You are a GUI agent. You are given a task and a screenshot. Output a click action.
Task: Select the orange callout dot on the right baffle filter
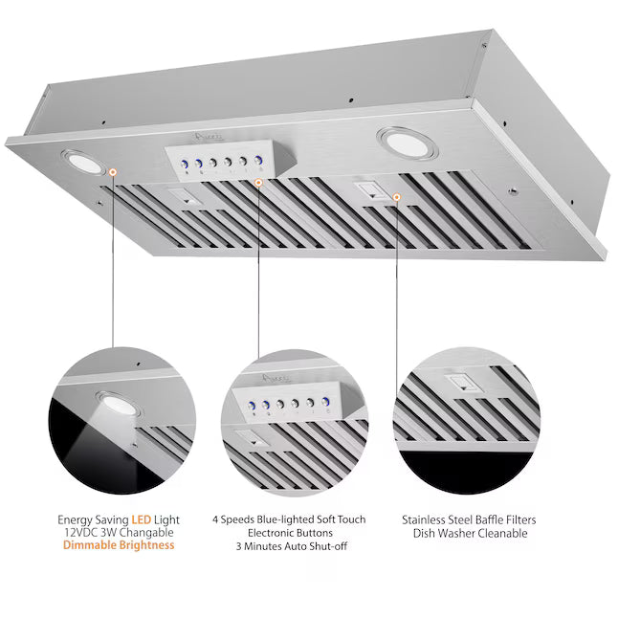pos(396,197)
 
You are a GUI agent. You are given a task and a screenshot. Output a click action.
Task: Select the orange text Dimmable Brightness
pos(119,545)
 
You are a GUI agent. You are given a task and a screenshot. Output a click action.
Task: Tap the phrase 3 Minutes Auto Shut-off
pos(289,545)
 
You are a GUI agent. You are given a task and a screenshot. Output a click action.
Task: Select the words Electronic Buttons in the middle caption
pos(289,533)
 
